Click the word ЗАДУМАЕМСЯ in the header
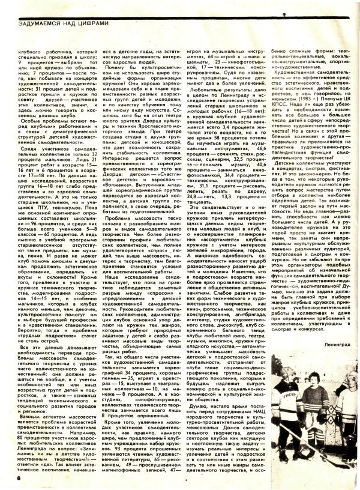tap(37, 25)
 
